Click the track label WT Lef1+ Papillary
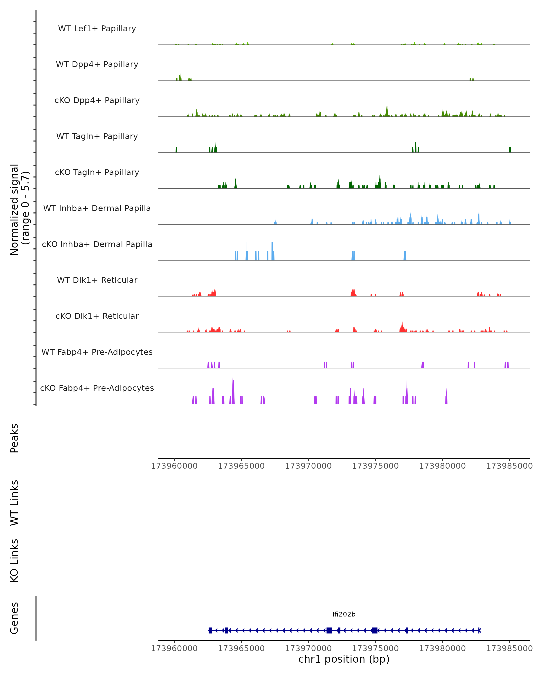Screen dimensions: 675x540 pos(97,29)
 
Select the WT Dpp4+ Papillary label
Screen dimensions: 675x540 pos(97,65)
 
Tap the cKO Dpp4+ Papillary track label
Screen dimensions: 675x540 pos(97,101)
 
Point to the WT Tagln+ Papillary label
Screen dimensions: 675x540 pos(97,137)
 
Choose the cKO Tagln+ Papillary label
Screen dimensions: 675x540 pos(97,173)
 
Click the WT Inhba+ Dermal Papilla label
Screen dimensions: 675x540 pos(97,209)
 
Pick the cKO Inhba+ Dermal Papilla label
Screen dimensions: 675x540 pos(97,245)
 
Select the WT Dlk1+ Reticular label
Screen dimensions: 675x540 pos(97,280)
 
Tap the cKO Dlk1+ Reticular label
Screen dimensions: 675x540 pos(97,316)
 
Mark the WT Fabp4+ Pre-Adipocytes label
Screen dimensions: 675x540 pos(97,352)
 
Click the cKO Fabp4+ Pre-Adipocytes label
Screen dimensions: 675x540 pos(97,388)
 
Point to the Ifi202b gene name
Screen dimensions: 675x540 pos(344,614)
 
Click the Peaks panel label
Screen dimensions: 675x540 pos(14,438)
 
